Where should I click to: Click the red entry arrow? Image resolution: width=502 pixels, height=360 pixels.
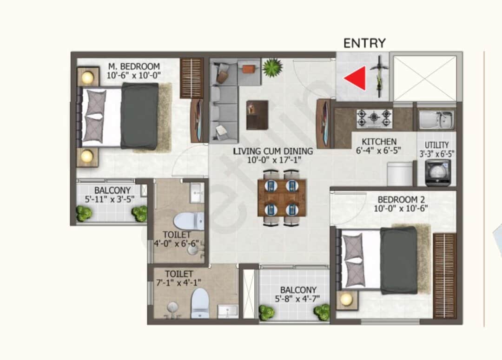(357, 78)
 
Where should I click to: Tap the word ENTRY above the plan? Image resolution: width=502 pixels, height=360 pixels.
(364, 43)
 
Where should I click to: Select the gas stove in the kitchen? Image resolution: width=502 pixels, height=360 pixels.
(374, 118)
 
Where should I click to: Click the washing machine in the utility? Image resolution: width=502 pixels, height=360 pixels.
(438, 173)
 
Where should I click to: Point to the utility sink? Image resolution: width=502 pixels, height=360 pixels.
(436, 120)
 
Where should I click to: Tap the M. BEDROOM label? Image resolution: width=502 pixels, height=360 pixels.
(134, 66)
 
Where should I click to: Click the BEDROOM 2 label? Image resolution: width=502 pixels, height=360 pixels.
(401, 200)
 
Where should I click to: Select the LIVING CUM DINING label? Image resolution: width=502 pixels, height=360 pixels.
(273, 151)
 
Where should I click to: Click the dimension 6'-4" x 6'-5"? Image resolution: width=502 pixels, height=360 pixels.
(378, 151)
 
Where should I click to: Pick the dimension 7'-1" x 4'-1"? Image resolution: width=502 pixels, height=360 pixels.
(178, 283)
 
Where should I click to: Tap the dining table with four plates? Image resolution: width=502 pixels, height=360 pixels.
(282, 198)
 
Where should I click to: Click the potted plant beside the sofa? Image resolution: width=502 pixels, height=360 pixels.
(272, 68)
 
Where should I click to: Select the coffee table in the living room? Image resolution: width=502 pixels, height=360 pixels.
(257, 115)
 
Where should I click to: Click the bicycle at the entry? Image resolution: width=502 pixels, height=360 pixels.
(379, 77)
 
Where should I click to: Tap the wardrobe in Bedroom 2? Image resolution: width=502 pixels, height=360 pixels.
(444, 275)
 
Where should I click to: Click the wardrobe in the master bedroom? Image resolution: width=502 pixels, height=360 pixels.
(192, 78)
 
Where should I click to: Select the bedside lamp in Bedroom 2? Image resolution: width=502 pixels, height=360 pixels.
(346, 300)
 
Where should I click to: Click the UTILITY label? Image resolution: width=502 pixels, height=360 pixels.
(436, 145)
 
